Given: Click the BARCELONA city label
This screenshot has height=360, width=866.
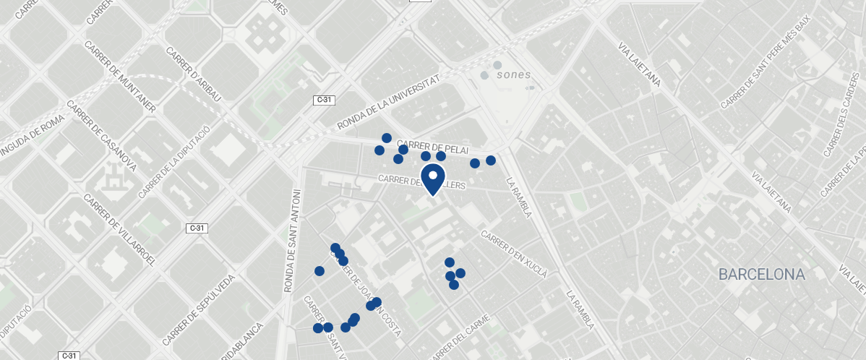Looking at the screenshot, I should tap(761, 275).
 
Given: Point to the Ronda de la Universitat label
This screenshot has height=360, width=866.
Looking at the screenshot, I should tap(388, 105).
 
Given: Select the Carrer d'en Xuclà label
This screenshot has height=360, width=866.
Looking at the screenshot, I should tap(514, 254).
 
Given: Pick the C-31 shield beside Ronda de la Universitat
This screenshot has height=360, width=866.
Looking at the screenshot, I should tap(324, 100).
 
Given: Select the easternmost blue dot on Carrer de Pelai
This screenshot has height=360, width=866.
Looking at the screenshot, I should tap(491, 160).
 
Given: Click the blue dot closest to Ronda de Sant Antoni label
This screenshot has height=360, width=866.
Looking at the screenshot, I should tap(320, 271).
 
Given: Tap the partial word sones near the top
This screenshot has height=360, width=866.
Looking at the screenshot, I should tap(513, 74).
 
